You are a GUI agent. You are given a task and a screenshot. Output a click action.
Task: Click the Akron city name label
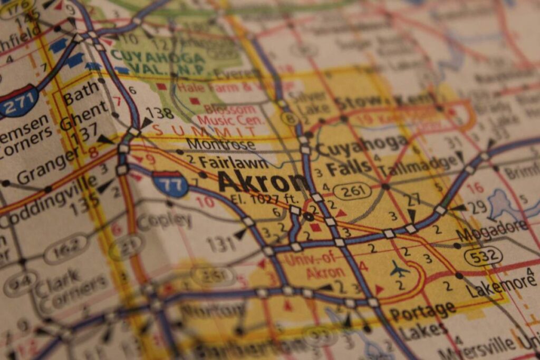262,182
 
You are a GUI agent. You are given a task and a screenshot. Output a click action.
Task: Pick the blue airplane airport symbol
399,270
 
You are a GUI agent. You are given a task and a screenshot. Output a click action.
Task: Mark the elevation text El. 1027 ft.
265,199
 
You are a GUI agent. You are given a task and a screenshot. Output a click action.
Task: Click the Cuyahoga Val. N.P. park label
158,62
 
